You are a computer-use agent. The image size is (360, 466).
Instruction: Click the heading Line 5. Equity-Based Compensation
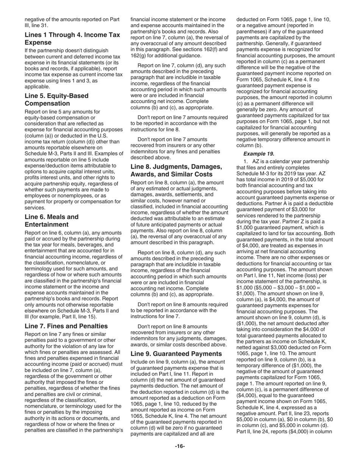56,100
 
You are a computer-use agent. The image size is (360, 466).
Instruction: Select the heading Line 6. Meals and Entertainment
52,221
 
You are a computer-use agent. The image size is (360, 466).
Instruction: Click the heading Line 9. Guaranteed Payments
176,353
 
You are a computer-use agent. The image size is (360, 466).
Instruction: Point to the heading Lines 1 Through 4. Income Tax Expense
72,39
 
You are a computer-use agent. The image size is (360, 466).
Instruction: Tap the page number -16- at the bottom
180,446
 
